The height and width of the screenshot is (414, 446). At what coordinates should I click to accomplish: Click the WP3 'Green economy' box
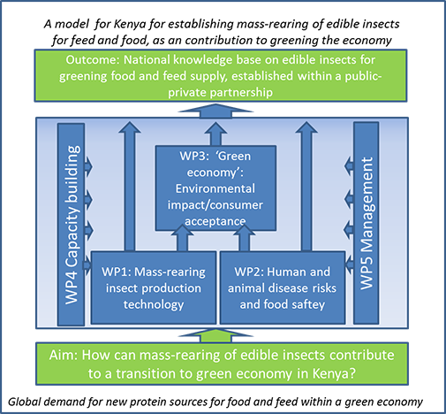point(215,188)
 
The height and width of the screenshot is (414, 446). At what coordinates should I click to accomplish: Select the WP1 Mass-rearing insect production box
point(154,287)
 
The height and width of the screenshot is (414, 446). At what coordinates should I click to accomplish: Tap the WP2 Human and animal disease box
point(283,287)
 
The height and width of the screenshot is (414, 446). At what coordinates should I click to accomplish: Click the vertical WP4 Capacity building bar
point(72,225)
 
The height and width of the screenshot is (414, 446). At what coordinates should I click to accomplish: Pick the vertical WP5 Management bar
point(367,223)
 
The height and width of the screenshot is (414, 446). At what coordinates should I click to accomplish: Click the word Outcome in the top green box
point(93,60)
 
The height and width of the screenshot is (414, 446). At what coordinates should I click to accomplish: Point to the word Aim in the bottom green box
point(63,355)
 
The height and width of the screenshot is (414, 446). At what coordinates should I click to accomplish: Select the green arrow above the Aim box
point(215,335)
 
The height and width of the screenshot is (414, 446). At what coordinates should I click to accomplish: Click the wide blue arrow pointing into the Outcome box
point(215,111)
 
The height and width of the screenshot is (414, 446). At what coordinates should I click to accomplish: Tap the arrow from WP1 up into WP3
point(182,237)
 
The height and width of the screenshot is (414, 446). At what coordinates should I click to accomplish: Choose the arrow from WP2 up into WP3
point(244,237)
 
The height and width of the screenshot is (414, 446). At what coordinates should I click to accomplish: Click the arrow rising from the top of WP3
point(215,134)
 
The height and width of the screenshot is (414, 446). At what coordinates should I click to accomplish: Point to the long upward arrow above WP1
point(130,187)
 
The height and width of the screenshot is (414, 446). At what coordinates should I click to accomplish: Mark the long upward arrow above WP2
point(306,187)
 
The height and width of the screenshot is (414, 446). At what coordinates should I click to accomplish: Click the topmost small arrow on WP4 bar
point(88,166)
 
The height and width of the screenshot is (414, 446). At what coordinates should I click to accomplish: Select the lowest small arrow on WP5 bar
point(349,263)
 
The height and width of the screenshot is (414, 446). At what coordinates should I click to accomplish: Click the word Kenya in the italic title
point(130,24)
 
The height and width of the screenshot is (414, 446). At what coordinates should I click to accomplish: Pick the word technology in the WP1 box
point(154,304)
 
